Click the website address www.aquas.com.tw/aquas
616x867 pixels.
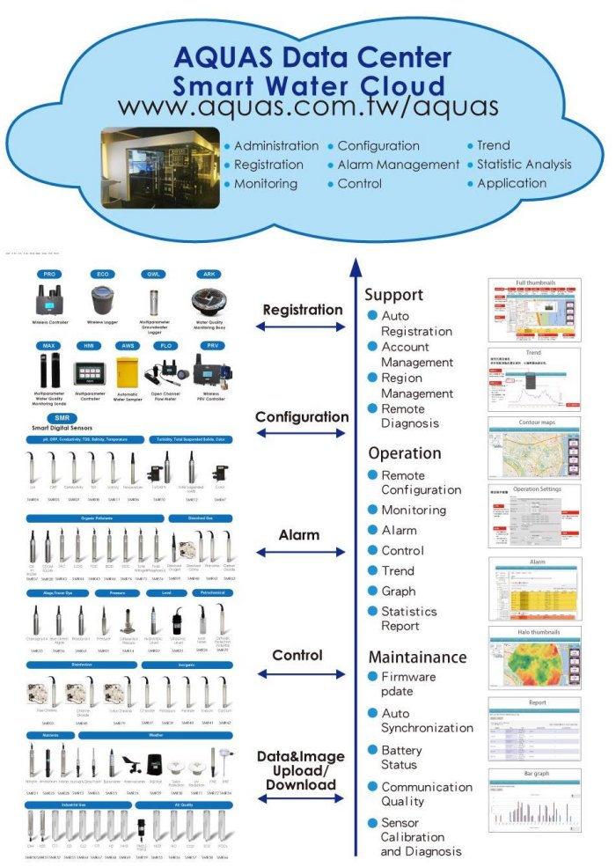[308, 107]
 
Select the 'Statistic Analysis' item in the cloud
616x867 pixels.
[524, 164]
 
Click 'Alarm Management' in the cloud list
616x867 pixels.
[398, 165]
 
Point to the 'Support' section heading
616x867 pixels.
[393, 295]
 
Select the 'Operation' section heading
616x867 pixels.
[404, 453]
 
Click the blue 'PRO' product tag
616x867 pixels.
[49, 275]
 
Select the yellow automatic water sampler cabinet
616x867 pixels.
[128, 372]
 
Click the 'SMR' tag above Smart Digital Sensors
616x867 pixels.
[62, 418]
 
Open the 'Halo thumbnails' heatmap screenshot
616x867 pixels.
[534, 657]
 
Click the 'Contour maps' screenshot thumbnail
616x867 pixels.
[534, 448]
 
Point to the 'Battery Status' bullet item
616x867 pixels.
[400, 757]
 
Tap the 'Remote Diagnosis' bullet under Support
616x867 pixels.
[409, 415]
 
